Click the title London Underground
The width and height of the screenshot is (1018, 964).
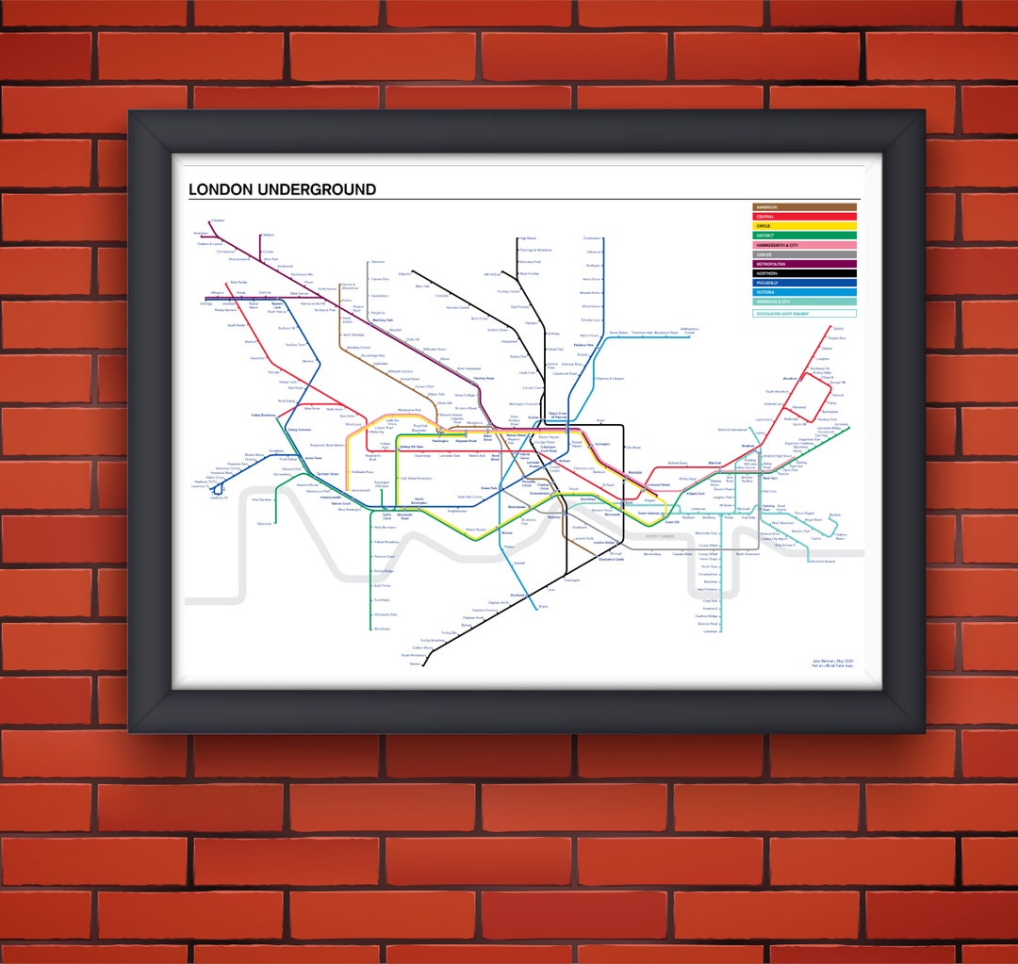coord(282,189)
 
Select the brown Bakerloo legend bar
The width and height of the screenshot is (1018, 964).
coord(804,207)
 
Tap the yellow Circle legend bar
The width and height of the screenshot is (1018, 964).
coord(804,226)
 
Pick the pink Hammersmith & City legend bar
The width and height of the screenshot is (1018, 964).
coord(804,245)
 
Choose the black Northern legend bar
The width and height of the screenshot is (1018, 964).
coord(804,273)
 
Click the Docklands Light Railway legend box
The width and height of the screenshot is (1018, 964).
coord(804,313)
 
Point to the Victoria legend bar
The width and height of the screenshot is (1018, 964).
coord(804,292)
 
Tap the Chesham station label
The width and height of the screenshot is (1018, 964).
coord(218,221)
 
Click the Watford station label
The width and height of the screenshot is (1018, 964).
coord(269,235)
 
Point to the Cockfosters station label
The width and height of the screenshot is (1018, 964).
coord(592,238)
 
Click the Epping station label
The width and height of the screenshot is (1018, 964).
coord(838,329)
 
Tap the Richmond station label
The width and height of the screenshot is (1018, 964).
coord(265,523)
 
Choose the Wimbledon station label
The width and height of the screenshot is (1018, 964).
coord(382,629)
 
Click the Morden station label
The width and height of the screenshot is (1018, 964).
coord(414,664)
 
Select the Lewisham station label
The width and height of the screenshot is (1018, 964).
coord(708,631)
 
